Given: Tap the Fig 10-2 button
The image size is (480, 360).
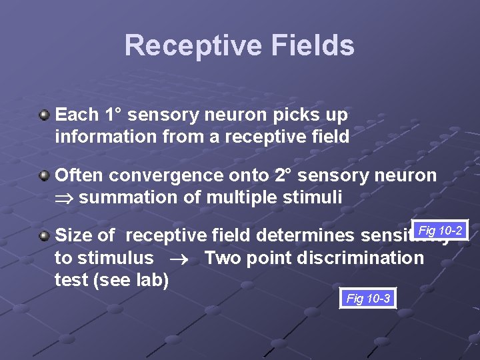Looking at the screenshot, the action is pos(440,231).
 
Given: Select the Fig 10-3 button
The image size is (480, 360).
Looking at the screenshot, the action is pos(368,299).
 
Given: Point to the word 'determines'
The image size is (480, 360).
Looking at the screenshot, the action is pos(305,235).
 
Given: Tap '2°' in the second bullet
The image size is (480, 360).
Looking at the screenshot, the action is pos(282,175).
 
